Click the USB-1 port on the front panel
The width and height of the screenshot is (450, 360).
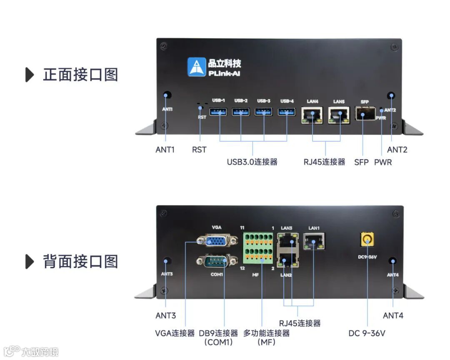pyautogui.click(x=218, y=112)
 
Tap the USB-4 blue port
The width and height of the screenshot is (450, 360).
pyautogui.click(x=287, y=112)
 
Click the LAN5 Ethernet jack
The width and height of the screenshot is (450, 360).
pyautogui.click(x=339, y=115)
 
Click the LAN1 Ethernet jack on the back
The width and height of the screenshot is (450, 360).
pyautogui.click(x=313, y=241)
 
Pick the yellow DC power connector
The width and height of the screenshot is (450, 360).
pyautogui.click(x=367, y=240)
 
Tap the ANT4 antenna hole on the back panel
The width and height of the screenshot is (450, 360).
pyautogui.click(x=392, y=261)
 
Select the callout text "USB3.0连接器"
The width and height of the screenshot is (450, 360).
pyautogui.click(x=252, y=162)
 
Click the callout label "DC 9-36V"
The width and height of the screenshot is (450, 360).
pyautogui.click(x=367, y=333)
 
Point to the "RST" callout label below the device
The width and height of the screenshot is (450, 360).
pyautogui.click(x=199, y=150)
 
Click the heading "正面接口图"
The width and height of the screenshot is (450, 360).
pyautogui.click(x=80, y=75)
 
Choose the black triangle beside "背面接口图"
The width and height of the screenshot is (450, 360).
pyautogui.click(x=30, y=262)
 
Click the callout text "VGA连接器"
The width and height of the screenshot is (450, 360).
pyautogui.click(x=174, y=333)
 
